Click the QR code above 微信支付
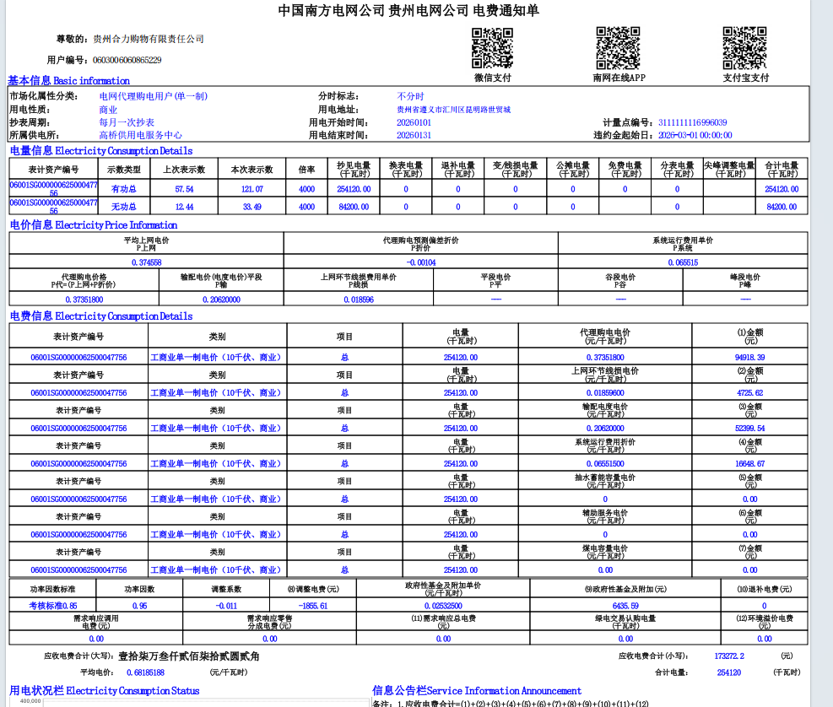[x=492, y=48]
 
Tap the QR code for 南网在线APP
[x=618, y=48]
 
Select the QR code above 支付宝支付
[x=744, y=48]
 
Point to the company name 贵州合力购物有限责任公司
[x=149, y=39]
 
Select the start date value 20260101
[x=414, y=122]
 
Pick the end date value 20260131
[x=414, y=135]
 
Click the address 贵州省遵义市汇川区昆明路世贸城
[x=453, y=110]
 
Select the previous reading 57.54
[x=184, y=189]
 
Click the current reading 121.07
[x=252, y=189]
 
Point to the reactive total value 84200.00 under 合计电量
[x=781, y=206]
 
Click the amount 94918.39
[x=749, y=358]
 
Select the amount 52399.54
[x=749, y=429]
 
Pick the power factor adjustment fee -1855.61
[x=312, y=606]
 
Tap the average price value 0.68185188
[x=146, y=672]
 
